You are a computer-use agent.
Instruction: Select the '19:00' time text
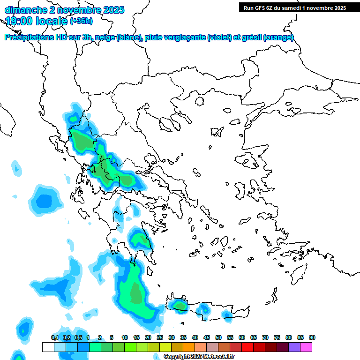click(19, 21)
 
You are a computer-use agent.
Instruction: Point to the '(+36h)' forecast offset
click(81, 21)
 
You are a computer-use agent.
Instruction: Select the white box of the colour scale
click(48, 347)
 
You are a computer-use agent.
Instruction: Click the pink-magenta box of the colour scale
click(306, 347)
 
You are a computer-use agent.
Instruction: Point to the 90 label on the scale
click(312, 338)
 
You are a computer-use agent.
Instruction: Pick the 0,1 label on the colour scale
click(55, 338)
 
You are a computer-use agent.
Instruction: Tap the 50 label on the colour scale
click(218, 338)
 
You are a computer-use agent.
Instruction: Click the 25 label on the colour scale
click(159, 338)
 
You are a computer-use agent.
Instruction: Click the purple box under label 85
click(294, 347)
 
